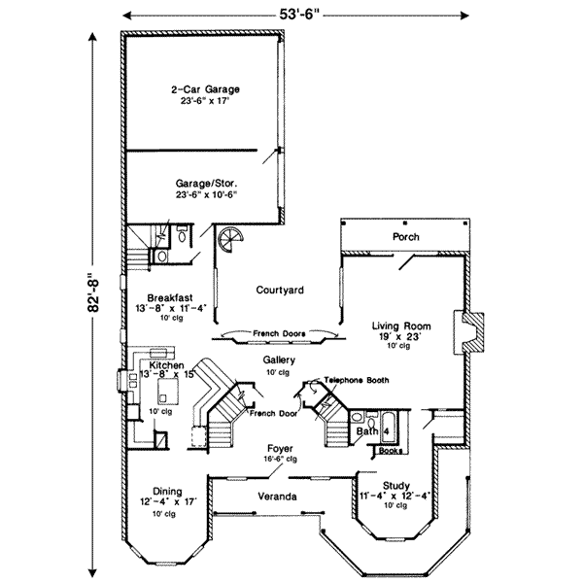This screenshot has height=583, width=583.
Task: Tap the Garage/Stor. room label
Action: click(x=206, y=182)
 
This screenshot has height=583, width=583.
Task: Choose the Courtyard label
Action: click(x=281, y=290)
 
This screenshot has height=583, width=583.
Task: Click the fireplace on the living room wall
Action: click(x=469, y=335)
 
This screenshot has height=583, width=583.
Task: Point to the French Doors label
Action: click(x=279, y=333)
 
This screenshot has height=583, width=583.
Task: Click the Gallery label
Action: click(x=280, y=360)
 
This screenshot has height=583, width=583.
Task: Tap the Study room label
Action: click(x=394, y=486)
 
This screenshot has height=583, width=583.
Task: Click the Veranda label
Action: click(x=281, y=497)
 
